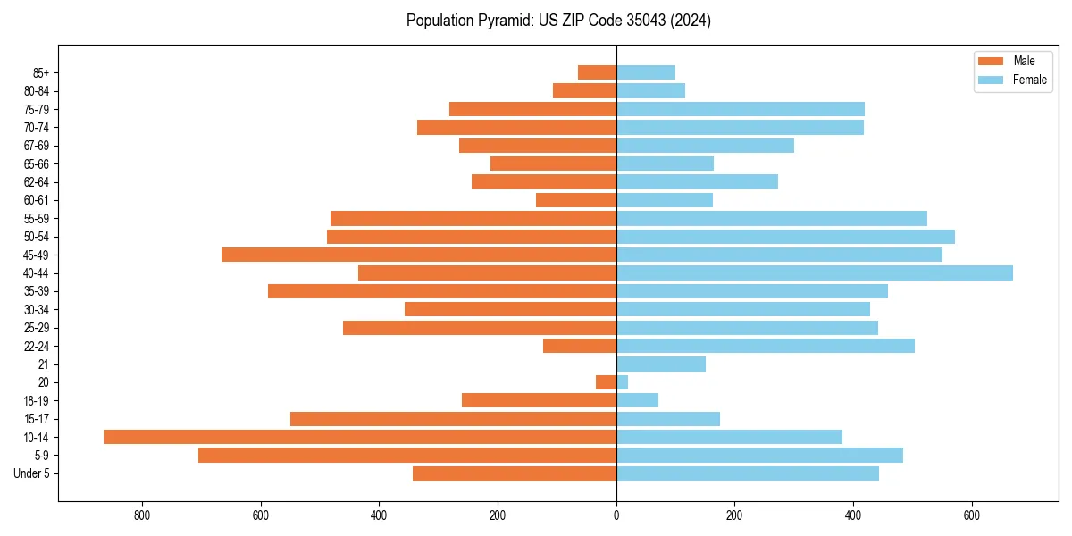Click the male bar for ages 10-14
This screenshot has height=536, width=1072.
360,437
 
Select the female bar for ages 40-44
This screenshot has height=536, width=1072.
815,272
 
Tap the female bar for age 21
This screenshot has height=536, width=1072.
661,364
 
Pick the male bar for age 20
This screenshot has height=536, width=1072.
607,382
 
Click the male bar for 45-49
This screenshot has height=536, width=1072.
419,255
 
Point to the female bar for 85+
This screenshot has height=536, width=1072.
646,72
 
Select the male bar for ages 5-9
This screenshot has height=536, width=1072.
407,455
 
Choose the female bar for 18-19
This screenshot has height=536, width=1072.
637,400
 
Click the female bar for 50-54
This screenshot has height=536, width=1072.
785,237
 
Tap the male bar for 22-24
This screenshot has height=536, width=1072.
580,346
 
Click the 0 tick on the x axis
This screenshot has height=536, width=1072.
616,515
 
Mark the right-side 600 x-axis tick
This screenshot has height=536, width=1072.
972,515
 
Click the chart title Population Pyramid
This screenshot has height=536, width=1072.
558,21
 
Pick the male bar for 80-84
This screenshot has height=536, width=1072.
584,90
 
